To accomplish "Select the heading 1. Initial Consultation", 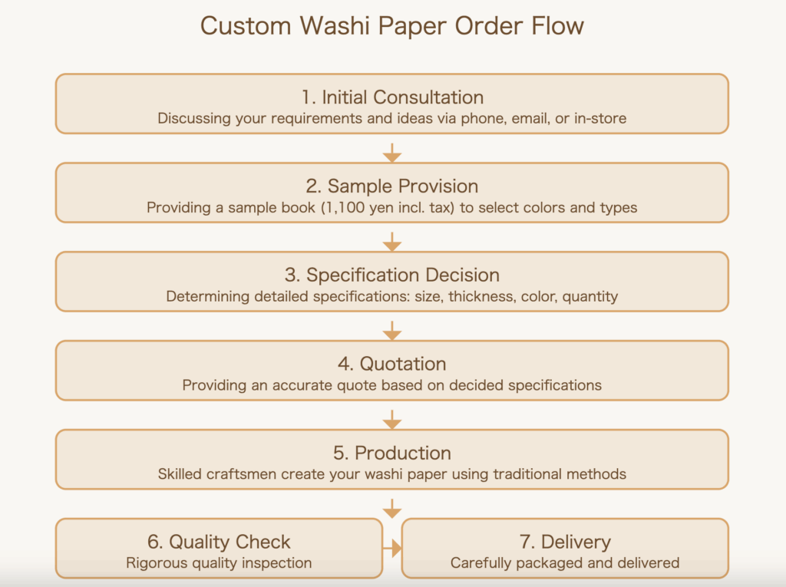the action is pyautogui.click(x=392, y=97).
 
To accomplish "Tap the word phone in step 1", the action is pyautogui.click(x=484, y=119).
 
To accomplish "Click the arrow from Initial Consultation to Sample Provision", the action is pyautogui.click(x=392, y=153).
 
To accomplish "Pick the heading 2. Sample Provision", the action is pyautogui.click(x=392, y=186).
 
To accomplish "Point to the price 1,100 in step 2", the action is pyautogui.click(x=345, y=207).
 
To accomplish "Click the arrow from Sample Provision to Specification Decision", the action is pyautogui.click(x=392, y=242).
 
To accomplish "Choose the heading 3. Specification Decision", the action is pyautogui.click(x=392, y=275).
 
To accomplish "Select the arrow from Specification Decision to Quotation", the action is pyautogui.click(x=392, y=331).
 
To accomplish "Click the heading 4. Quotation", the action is pyautogui.click(x=392, y=364).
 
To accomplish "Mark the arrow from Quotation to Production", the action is pyautogui.click(x=392, y=420).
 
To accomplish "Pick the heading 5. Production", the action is pyautogui.click(x=392, y=453).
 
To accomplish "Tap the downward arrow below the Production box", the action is pyautogui.click(x=392, y=508).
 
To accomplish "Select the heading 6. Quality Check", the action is pyautogui.click(x=219, y=542).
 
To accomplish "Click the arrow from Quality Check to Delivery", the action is pyautogui.click(x=392, y=549).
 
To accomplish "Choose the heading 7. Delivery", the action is pyautogui.click(x=566, y=542).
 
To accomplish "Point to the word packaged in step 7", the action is pyautogui.click(x=550, y=563).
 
